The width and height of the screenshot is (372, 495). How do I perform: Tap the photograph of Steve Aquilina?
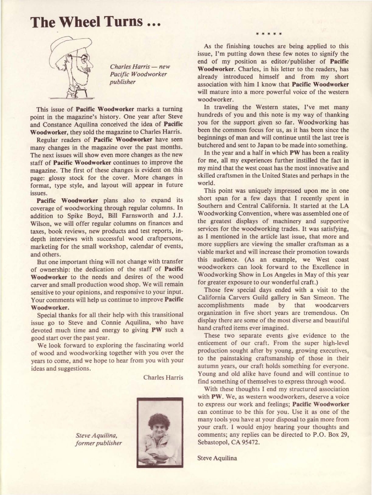point(160,432)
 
